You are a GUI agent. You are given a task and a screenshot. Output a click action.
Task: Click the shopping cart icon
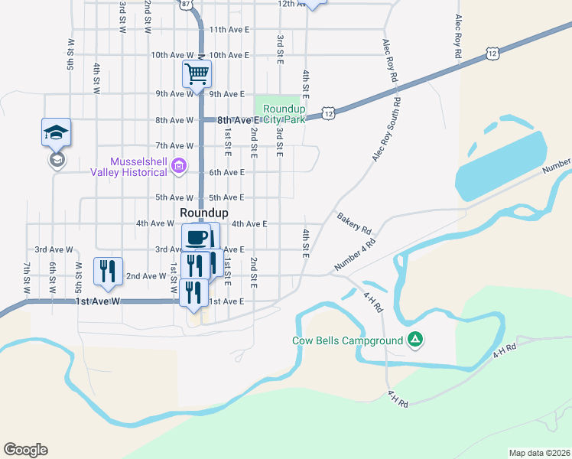click(x=197, y=75)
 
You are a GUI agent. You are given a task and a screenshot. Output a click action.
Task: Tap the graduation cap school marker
click(x=56, y=133)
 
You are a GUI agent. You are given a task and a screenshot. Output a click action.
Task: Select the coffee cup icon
click(x=197, y=236)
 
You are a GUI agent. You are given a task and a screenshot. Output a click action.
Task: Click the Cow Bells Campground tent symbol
click(x=414, y=339)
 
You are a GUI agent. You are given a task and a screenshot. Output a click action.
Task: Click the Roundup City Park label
click(x=284, y=114)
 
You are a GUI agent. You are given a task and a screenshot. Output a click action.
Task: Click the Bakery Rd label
click(x=354, y=224)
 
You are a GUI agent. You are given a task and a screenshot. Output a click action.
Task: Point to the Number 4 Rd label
click(x=356, y=255)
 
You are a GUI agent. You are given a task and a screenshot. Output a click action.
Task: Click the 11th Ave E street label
click(x=230, y=30)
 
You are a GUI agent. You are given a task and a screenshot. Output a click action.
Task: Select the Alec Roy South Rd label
click(x=387, y=129)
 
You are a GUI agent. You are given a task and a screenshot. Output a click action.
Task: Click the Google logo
click(x=25, y=450)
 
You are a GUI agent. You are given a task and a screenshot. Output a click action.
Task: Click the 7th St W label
click(x=26, y=278)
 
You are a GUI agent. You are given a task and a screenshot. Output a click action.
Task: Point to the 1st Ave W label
click(x=99, y=301)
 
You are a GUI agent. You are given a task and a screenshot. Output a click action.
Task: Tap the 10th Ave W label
click(x=172, y=55)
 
